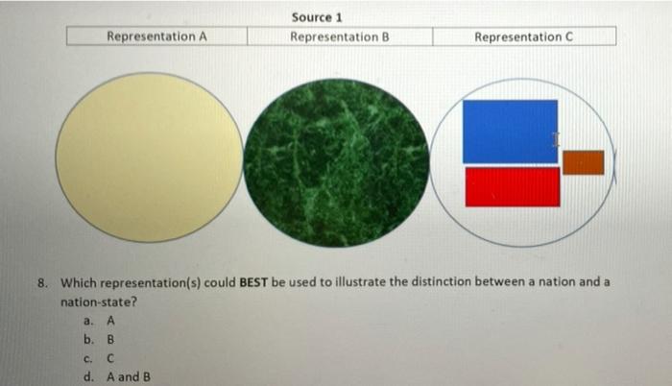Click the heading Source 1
pos(317,17)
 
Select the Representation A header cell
pos(156,36)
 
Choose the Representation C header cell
pos(524,36)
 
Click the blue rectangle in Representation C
pos(510,131)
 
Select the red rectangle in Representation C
pos(512,186)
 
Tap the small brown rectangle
pos(583,163)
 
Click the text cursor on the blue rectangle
pos(555,140)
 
